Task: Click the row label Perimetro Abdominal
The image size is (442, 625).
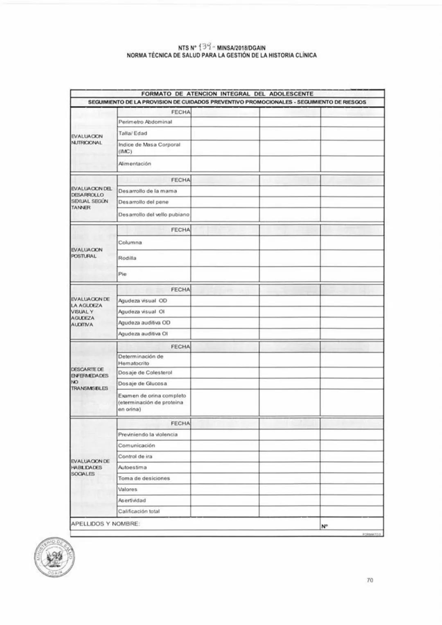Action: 145,122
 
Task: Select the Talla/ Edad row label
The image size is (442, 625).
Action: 133,133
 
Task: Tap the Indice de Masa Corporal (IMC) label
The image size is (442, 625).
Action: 149,148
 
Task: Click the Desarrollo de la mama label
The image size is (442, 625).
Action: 147,191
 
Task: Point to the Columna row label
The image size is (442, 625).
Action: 130,243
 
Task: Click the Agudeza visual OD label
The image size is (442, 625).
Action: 142,301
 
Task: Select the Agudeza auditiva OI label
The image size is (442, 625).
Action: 143,334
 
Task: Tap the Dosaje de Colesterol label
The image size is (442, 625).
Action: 145,373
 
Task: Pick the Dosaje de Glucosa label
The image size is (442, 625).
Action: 142,384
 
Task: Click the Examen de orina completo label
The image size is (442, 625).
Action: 152,402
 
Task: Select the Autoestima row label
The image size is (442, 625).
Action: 132,467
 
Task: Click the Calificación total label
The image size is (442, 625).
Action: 139,512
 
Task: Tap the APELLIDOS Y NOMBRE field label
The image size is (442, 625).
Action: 106,524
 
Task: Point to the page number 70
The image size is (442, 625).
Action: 370,580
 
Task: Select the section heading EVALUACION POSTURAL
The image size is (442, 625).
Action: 84,253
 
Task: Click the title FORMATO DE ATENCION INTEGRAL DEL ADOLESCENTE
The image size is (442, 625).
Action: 227,94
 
